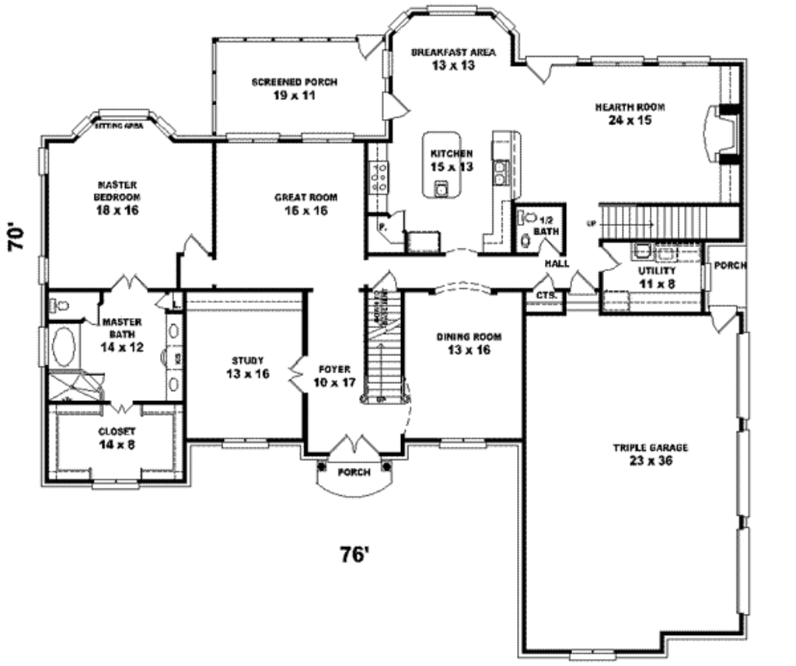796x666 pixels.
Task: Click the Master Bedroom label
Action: point(117,197)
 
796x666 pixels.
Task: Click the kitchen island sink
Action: point(441,187)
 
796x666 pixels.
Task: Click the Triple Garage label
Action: point(640,454)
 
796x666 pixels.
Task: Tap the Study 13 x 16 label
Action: point(248,367)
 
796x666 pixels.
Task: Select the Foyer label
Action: point(334,375)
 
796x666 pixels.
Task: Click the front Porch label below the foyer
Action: point(354,472)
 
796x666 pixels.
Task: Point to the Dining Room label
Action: point(468,343)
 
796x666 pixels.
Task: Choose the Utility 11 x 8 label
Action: point(657,277)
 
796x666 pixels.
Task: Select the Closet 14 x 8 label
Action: point(117,438)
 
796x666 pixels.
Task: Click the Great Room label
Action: point(305,204)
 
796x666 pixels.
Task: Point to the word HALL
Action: point(557,263)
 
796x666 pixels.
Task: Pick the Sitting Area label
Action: point(118,124)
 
